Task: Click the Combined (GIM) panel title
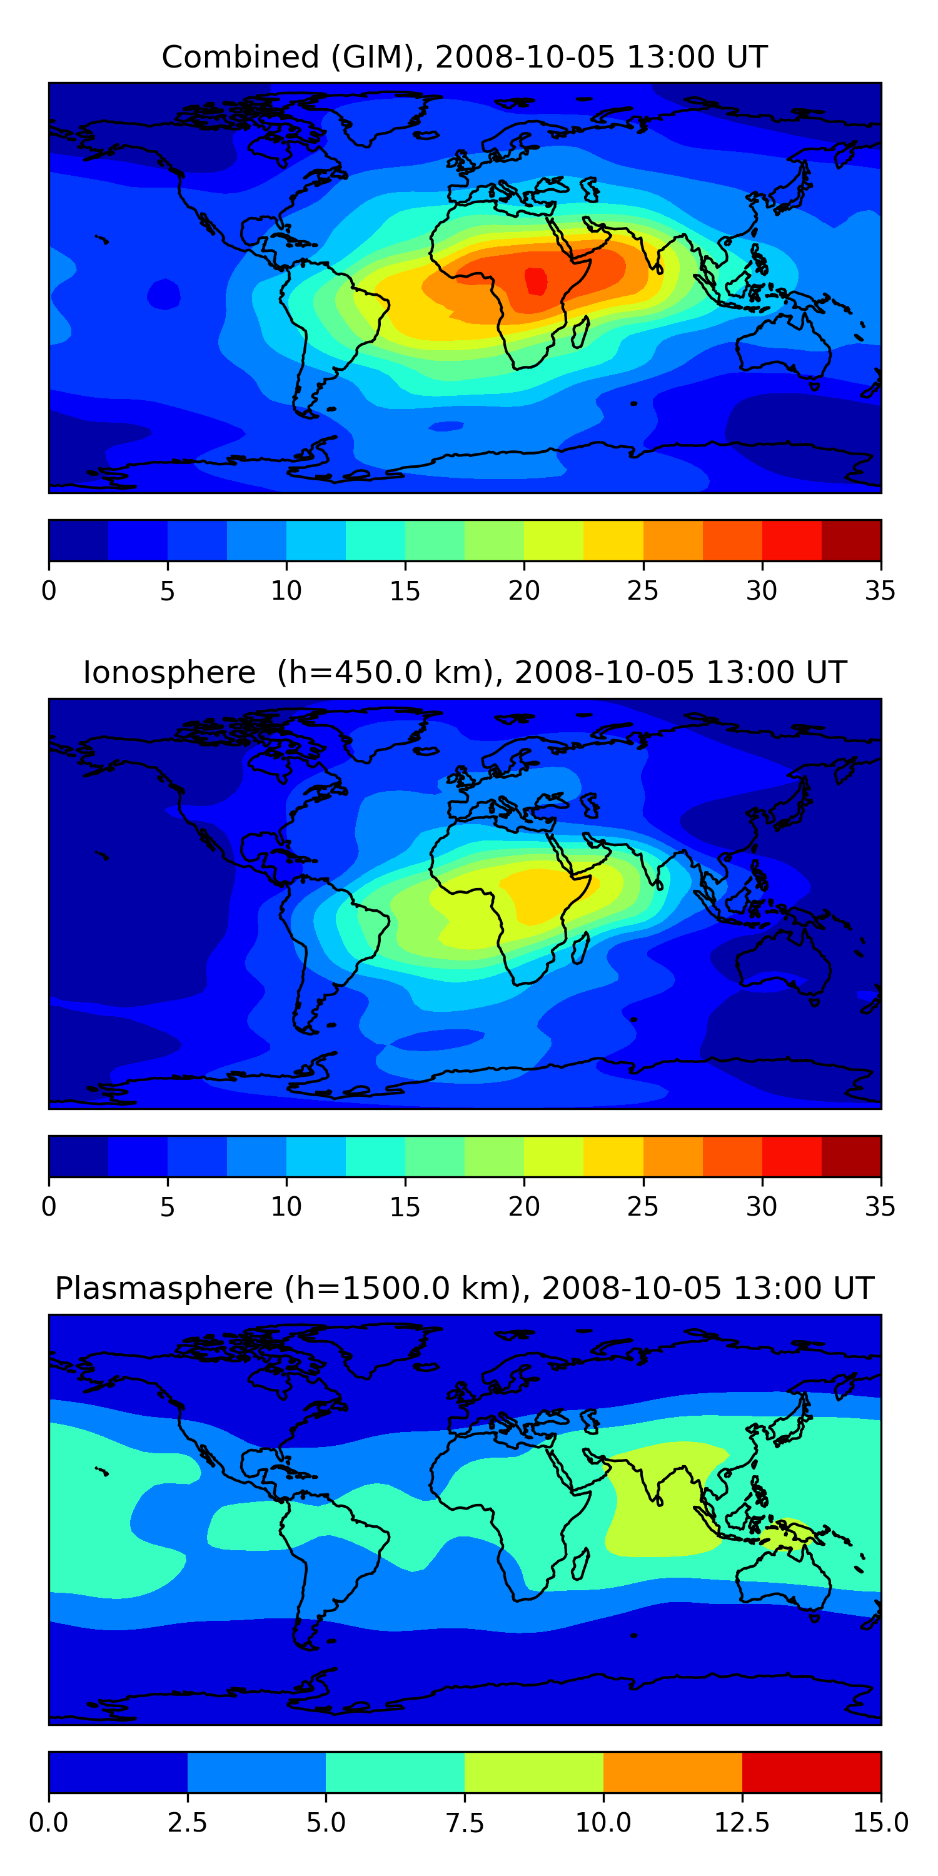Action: (x=465, y=57)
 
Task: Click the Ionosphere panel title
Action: (x=465, y=672)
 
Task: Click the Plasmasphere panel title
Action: (x=465, y=1288)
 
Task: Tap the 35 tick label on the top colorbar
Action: (x=880, y=590)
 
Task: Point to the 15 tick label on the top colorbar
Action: (x=405, y=590)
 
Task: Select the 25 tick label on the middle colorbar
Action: (x=642, y=1207)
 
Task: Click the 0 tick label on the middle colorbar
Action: (x=49, y=1207)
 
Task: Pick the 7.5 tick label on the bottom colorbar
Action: (x=465, y=1823)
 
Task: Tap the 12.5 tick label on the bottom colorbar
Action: (x=742, y=1823)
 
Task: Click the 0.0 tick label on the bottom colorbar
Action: (x=49, y=1823)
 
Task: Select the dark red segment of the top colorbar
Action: (x=850, y=540)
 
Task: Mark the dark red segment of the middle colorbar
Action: (x=850, y=1156)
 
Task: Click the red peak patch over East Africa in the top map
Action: (x=536, y=280)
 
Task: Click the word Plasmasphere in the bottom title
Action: (x=164, y=1288)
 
